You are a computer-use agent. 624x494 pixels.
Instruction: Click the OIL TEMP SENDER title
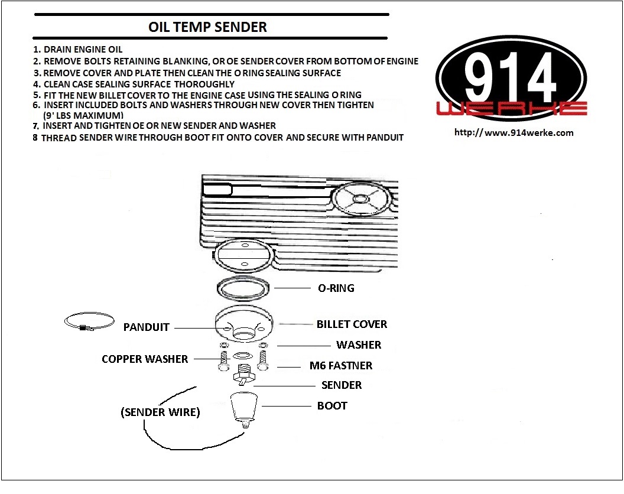pyautogui.click(x=207, y=27)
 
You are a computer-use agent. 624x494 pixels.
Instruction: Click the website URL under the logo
pyautogui.click(x=513, y=132)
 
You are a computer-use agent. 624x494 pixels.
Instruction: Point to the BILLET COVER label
pyautogui.click(x=352, y=324)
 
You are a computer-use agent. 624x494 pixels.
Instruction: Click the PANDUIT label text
pyautogui.click(x=146, y=327)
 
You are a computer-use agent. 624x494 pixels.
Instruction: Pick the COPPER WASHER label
pyautogui.click(x=145, y=359)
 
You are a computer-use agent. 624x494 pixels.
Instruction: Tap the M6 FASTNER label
pyautogui.click(x=341, y=366)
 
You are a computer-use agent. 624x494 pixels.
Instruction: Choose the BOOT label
pyautogui.click(x=332, y=406)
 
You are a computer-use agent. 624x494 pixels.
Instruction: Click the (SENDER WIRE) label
pyautogui.click(x=160, y=412)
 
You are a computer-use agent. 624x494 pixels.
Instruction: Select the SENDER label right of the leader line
pyautogui.click(x=341, y=385)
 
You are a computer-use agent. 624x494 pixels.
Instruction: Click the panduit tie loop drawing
pyautogui.click(x=89, y=322)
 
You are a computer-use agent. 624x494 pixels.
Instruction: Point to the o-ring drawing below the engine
pyautogui.click(x=243, y=288)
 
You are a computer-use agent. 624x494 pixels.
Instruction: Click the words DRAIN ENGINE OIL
pyautogui.click(x=83, y=50)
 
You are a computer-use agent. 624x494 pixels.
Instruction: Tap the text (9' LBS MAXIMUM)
pyautogui.click(x=83, y=115)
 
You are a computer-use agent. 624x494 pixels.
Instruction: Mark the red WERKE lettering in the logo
pyautogui.click(x=512, y=108)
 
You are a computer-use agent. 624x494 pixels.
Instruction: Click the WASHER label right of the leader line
pyautogui.click(x=359, y=345)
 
